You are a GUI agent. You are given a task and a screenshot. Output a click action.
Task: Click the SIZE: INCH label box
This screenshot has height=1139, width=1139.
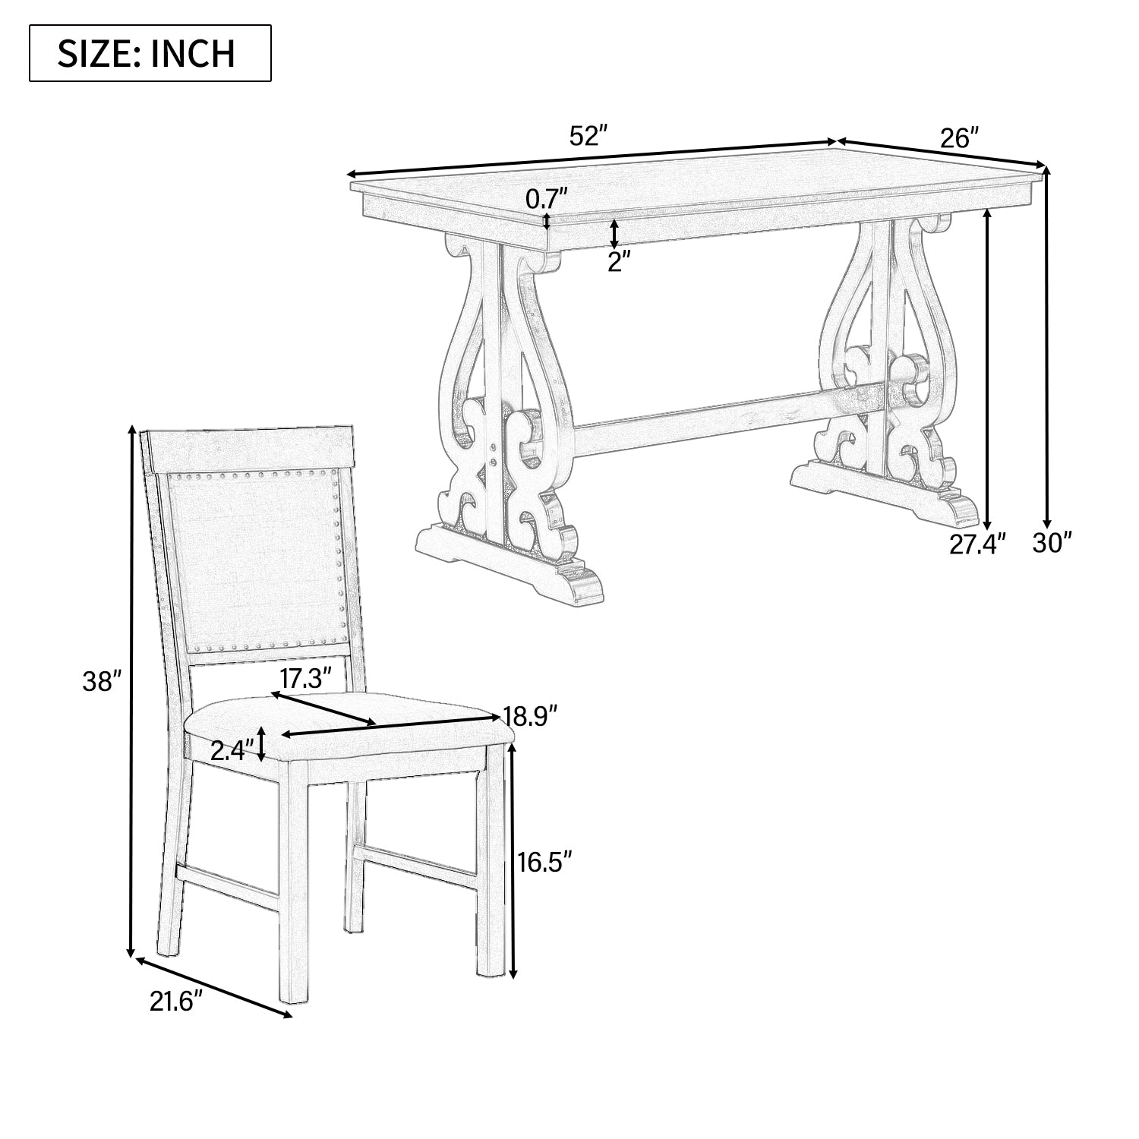point(150,53)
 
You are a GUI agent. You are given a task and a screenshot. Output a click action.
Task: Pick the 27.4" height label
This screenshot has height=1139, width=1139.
point(978,544)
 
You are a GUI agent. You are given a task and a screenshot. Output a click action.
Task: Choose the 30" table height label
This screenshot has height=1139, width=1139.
point(1052,543)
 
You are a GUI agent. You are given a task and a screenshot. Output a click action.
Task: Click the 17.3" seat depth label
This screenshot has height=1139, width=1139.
point(306,677)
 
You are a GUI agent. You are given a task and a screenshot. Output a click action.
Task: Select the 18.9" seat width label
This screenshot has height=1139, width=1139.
point(531,714)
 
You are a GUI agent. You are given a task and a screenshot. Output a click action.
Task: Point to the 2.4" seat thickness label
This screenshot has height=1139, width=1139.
point(230,752)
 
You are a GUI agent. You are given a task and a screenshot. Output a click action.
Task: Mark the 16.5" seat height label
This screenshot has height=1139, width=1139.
point(544,862)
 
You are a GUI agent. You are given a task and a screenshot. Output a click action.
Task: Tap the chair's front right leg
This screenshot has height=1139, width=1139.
point(491,858)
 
